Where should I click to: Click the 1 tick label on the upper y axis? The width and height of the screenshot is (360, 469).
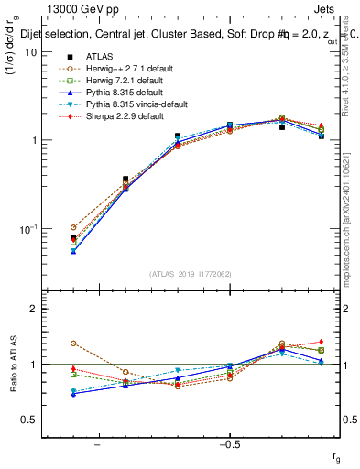[35, 140]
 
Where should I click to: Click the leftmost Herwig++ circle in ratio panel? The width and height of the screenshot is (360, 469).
[73, 344]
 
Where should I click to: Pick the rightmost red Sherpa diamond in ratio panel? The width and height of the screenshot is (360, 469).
[322, 341]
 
